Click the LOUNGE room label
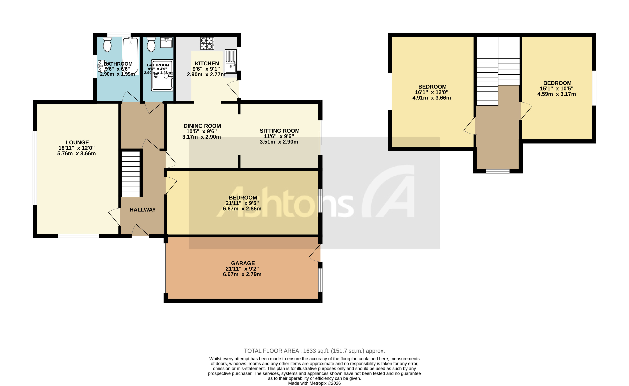(77, 143)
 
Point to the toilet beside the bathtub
(107, 45)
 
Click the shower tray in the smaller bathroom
(162, 75)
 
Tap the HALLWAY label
(142, 210)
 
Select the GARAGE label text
(243, 263)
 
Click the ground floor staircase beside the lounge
(130, 174)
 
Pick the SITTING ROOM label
(280, 131)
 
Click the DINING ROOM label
(202, 126)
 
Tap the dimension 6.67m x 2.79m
(242, 274)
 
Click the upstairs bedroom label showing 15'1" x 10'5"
(557, 83)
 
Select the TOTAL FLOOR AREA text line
(314, 351)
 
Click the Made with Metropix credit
(314, 383)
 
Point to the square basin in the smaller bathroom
(166, 43)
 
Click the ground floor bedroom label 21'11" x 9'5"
(243, 198)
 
